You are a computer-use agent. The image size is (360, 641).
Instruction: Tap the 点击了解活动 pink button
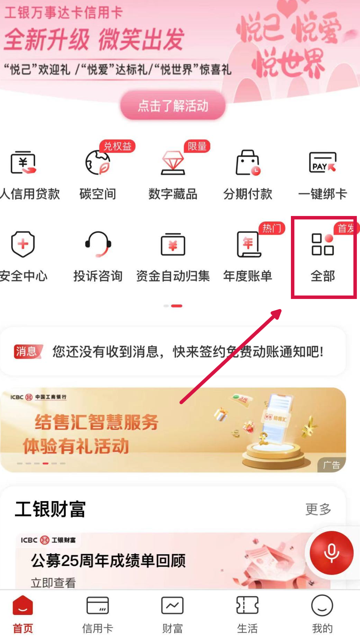(173, 106)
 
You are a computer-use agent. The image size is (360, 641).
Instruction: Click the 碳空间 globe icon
(98, 163)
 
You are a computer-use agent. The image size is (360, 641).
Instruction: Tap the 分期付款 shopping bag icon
(248, 163)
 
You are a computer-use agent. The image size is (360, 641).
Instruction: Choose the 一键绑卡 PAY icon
(323, 163)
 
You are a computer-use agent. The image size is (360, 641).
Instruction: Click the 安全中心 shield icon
(23, 244)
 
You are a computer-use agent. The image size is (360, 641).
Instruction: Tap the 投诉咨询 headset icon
(98, 244)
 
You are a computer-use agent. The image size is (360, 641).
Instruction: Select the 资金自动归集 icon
(173, 244)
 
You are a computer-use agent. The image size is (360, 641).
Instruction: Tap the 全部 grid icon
(323, 244)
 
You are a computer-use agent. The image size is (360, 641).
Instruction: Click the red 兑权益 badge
(117, 146)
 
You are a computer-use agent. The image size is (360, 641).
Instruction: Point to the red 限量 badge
(197, 146)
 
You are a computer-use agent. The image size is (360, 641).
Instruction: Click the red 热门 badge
(271, 228)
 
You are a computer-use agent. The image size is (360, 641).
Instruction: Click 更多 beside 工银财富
(318, 509)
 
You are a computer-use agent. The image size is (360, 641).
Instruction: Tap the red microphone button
(332, 553)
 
